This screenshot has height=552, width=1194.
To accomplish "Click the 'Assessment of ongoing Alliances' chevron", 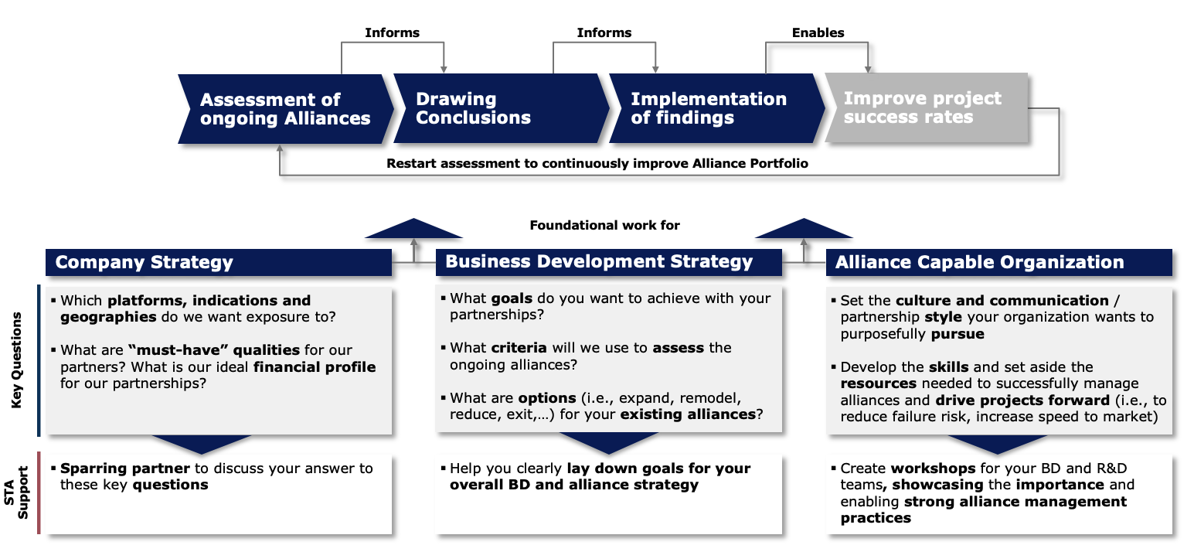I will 285,109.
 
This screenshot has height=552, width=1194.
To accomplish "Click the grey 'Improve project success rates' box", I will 926,108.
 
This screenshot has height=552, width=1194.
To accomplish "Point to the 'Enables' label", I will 818,32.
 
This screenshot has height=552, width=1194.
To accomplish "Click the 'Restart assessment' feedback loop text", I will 597,163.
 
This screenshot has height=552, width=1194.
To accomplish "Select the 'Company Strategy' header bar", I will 219,262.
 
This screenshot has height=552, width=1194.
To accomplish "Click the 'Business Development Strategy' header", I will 609,262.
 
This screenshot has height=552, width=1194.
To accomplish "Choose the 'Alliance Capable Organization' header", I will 999,262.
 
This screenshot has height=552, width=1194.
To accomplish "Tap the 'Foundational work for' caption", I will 605,225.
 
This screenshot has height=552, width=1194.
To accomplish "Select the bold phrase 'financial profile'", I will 315,366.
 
